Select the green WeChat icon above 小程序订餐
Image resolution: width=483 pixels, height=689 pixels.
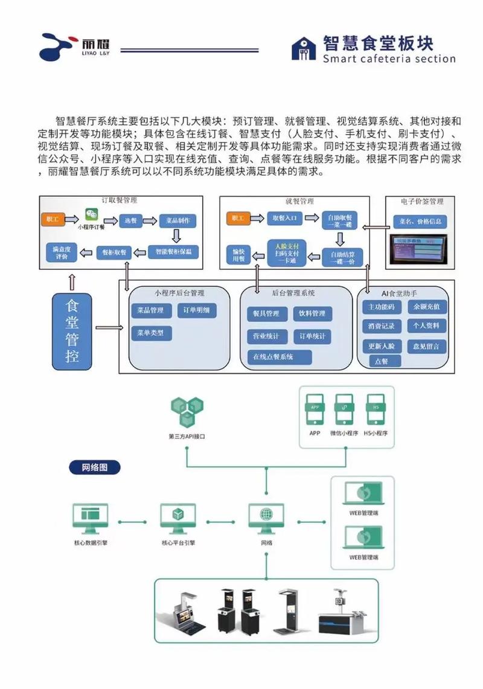click(x=91, y=215)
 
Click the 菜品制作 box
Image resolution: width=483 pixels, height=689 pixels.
click(x=178, y=220)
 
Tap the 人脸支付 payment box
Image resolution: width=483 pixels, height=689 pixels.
click(x=287, y=251)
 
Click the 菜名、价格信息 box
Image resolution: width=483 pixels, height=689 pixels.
click(x=420, y=221)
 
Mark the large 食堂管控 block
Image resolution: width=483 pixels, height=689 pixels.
click(x=72, y=330)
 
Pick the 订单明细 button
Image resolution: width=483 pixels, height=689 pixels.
click(x=196, y=310)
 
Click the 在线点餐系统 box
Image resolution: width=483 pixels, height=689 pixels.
click(x=280, y=357)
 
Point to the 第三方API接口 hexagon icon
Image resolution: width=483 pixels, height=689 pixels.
click(x=187, y=412)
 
